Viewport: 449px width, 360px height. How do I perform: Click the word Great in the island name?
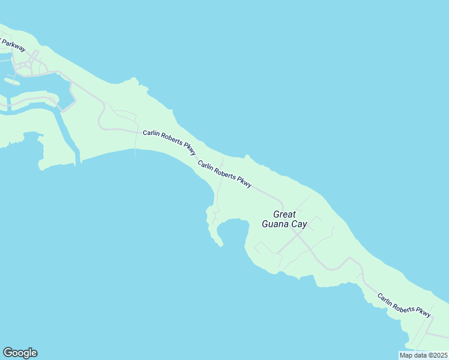(x=285, y=214)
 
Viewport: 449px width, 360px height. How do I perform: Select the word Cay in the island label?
(x=299, y=224)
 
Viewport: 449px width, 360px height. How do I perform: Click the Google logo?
(x=20, y=353)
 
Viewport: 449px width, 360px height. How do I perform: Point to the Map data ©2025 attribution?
(x=423, y=355)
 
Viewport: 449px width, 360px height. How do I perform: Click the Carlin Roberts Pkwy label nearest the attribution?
(x=404, y=305)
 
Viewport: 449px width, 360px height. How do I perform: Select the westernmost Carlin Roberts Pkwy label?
(x=169, y=142)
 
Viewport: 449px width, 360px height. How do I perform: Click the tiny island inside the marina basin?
(x=11, y=80)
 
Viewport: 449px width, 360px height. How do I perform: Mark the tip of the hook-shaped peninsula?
(x=220, y=245)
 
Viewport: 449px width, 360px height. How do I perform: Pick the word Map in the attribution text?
(x=406, y=355)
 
